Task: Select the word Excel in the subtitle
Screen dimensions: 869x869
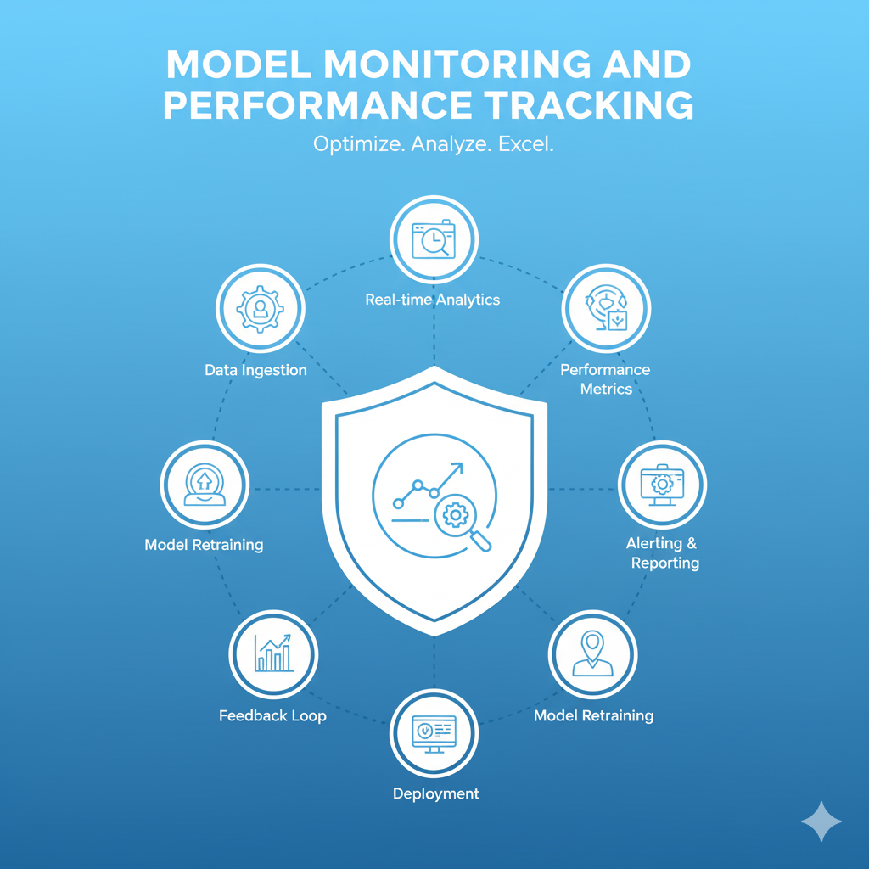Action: click(525, 145)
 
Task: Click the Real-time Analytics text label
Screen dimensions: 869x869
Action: click(433, 300)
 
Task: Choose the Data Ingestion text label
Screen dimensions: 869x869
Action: click(255, 370)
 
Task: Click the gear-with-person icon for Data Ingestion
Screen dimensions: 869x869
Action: click(260, 309)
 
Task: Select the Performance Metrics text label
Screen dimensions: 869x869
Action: click(606, 379)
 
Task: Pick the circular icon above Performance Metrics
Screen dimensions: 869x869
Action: click(606, 309)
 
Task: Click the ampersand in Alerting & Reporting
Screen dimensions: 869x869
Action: click(691, 543)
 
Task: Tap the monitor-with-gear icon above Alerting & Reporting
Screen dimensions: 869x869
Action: click(662, 485)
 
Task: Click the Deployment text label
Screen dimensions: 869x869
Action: click(435, 793)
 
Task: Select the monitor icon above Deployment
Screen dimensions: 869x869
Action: click(434, 732)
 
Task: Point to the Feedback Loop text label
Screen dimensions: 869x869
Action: click(272, 715)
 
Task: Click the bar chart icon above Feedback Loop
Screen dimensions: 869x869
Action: click(272, 653)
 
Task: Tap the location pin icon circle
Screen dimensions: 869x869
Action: click(592, 653)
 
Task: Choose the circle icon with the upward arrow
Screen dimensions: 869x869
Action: click(205, 485)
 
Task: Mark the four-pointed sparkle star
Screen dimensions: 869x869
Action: click(821, 821)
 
